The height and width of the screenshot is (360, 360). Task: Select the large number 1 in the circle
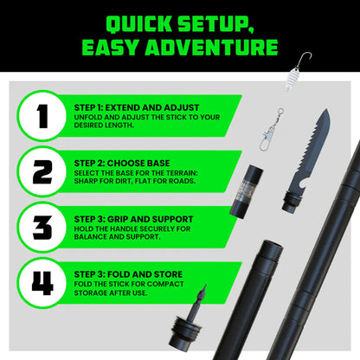tap(42, 115)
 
